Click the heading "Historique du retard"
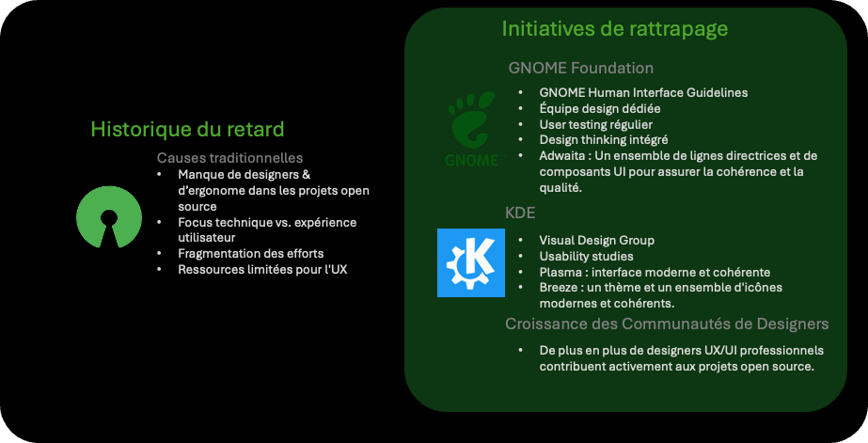(187, 130)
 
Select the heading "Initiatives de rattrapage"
(614, 29)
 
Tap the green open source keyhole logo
(109, 216)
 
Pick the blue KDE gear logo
(471, 262)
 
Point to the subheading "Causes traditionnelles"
(229, 158)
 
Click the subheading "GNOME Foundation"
(580, 68)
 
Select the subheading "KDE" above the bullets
(520, 214)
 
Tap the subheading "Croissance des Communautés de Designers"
(667, 324)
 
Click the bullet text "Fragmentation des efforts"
(251, 254)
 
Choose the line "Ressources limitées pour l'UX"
(262, 270)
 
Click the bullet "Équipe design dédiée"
(600, 108)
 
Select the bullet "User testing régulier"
(596, 124)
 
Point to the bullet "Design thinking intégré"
(604, 140)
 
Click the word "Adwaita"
(561, 155)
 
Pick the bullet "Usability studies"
(586, 257)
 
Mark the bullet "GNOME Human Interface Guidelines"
(644, 92)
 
